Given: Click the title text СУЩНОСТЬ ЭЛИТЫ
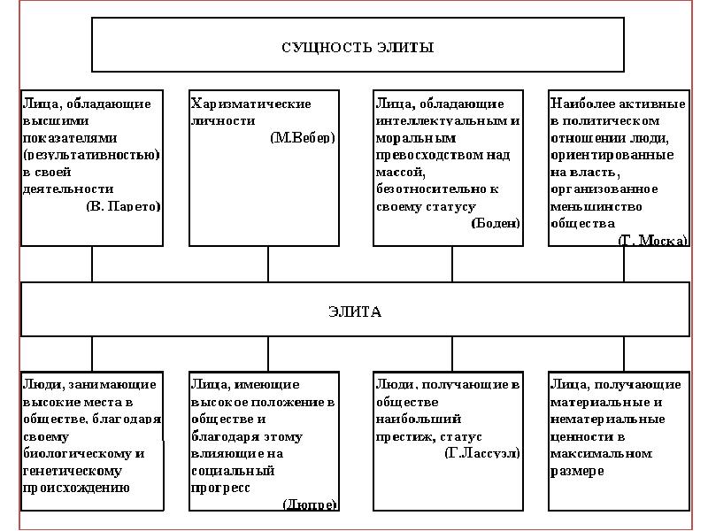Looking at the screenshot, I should pyautogui.click(x=358, y=46).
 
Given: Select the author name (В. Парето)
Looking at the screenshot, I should pyautogui.click(x=123, y=206).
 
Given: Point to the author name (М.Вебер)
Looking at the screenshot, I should pyautogui.click(x=303, y=138).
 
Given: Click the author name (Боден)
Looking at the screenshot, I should pyautogui.click(x=495, y=223).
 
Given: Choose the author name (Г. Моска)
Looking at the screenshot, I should pyautogui.click(x=651, y=241).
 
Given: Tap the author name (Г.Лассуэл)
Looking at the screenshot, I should pyautogui.click(x=481, y=453).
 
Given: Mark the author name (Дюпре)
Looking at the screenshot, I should pyautogui.click(x=309, y=504).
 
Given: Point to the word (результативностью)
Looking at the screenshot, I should pyautogui.click(x=91, y=155).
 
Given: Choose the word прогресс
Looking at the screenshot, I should pyautogui.click(x=220, y=488).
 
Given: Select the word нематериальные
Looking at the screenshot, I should pyautogui.click(x=604, y=419).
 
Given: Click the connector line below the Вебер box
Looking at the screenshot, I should pyautogui.click(x=268, y=264).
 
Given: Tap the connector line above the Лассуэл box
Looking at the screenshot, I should pyautogui.click(x=452, y=354).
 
